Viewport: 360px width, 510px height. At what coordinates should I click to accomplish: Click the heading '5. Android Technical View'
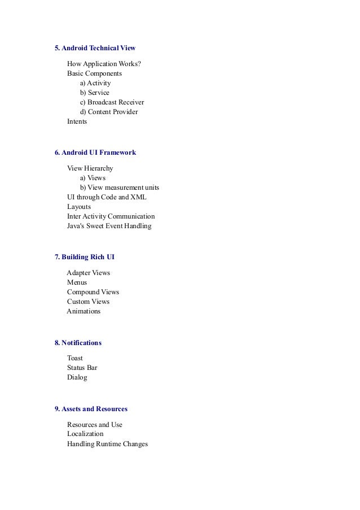95,48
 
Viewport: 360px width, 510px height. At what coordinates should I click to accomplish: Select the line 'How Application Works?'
104,64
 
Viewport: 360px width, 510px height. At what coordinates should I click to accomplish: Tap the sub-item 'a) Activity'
95,83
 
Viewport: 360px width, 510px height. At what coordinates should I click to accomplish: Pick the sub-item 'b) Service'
95,93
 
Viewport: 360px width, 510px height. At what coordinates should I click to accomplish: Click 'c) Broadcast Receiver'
112,102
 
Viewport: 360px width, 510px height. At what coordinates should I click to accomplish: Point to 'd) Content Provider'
109,112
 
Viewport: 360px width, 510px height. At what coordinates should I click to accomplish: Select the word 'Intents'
77,121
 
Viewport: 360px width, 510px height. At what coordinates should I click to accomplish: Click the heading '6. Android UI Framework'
95,152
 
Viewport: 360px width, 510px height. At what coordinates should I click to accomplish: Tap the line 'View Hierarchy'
90,168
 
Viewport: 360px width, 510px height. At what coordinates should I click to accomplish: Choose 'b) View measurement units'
120,188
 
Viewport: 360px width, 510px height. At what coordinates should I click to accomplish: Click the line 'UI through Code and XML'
107,197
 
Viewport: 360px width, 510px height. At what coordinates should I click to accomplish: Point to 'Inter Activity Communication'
111,216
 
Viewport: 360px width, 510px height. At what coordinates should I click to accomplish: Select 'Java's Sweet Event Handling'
109,226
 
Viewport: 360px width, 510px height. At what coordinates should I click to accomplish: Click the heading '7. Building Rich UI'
85,257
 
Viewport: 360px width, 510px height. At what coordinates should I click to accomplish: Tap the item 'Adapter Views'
89,273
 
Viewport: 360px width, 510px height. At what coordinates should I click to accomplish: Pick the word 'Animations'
84,311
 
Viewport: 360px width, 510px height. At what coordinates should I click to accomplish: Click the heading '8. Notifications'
78,343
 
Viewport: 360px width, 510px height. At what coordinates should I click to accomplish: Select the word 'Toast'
75,358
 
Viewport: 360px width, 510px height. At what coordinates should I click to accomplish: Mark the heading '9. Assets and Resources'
91,409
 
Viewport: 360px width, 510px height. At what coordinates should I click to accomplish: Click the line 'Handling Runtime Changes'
107,444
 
